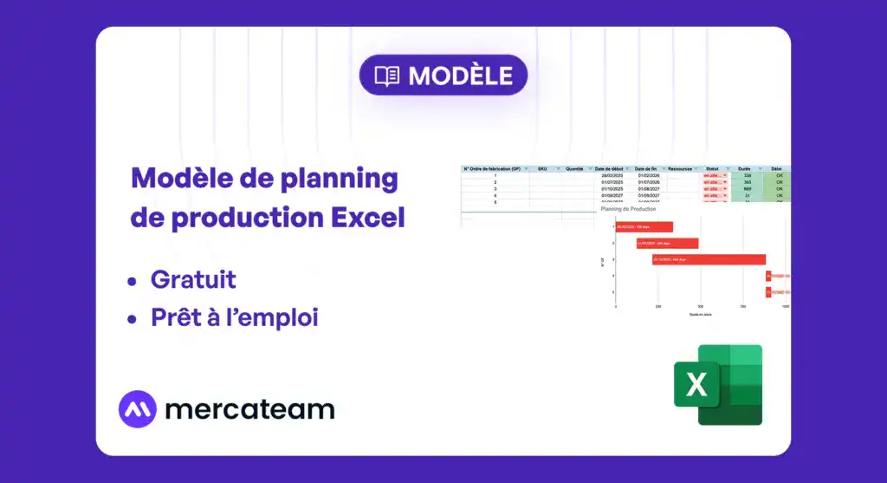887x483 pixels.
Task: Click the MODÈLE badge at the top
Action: [x=443, y=75]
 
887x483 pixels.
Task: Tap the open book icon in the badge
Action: [x=386, y=75]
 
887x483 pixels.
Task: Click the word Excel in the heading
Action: [x=368, y=217]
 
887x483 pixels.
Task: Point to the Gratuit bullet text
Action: [x=193, y=280]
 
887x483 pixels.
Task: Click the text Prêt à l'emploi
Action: [x=234, y=318]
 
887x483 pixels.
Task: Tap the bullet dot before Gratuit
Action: [x=132, y=281]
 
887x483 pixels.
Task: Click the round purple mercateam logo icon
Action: [x=137, y=409]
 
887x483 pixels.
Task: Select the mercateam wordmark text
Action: [x=249, y=409]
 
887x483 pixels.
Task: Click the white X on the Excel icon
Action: [x=696, y=384]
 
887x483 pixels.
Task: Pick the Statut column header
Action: [x=713, y=169]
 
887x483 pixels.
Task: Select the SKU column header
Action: [x=542, y=169]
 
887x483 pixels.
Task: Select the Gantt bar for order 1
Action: [x=644, y=227]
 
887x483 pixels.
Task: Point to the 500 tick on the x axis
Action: [x=700, y=306]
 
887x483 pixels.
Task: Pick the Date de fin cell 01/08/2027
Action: [x=649, y=189]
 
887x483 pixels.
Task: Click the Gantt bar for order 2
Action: [x=667, y=244]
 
